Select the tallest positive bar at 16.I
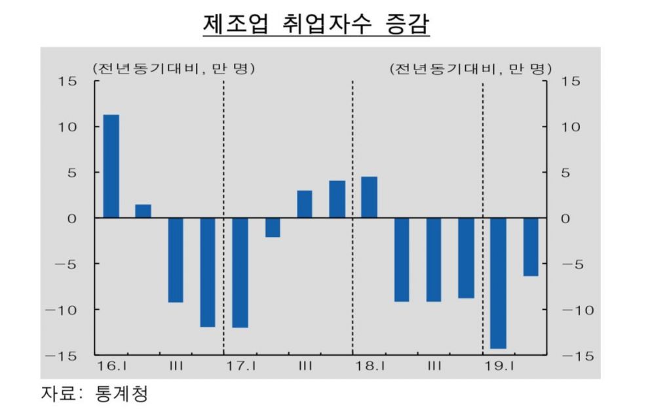(111, 166)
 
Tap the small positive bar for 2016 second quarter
(144, 211)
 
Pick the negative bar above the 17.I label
(240, 272)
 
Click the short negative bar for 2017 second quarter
(273, 227)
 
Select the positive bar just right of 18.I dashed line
(369, 197)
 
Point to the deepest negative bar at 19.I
(498, 283)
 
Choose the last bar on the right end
(530, 247)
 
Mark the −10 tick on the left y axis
(63, 310)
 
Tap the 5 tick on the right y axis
(566, 173)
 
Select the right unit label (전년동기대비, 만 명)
(470, 68)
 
